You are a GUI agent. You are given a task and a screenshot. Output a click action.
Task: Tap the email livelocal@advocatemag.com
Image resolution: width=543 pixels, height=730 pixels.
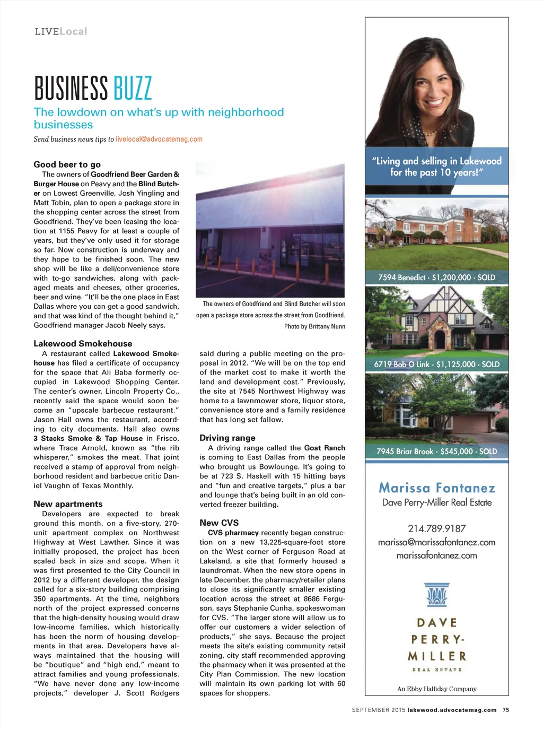(x=159, y=139)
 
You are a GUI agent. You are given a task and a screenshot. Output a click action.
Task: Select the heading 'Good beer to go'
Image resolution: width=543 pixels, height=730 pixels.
(x=67, y=164)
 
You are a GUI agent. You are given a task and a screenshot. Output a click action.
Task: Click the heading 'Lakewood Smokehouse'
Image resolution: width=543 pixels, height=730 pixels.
(x=83, y=344)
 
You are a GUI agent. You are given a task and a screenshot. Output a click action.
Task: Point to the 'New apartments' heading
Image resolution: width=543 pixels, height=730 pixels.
(x=68, y=504)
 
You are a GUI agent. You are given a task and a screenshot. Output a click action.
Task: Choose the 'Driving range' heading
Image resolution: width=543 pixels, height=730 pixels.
(x=227, y=438)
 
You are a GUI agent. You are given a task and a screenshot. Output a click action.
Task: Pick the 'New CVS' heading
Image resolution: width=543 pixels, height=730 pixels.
(x=219, y=523)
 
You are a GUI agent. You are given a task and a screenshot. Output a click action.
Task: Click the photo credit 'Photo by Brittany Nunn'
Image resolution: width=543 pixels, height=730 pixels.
(x=314, y=326)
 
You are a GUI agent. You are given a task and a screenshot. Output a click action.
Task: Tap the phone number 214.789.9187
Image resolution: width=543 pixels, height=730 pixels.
(x=436, y=528)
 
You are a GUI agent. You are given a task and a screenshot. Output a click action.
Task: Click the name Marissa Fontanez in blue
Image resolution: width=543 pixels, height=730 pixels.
(x=436, y=488)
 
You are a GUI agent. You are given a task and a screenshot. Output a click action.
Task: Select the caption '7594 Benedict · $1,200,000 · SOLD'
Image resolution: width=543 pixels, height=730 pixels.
(x=436, y=277)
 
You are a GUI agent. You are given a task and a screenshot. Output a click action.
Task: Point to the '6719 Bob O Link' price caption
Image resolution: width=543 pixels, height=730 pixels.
(x=436, y=364)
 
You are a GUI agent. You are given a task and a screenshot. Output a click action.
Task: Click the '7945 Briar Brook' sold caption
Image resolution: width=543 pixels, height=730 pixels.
(x=436, y=451)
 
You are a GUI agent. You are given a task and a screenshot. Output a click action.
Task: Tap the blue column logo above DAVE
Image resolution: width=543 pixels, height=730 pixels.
(x=436, y=595)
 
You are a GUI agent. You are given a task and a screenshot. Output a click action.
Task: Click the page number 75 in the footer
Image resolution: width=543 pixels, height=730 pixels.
(x=505, y=710)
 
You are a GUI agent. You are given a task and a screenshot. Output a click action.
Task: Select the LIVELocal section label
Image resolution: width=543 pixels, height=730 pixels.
(x=61, y=32)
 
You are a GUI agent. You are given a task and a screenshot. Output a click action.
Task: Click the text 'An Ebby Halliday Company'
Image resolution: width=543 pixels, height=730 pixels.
(x=436, y=689)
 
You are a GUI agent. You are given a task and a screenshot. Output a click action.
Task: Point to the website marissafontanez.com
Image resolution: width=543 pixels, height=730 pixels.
(x=436, y=555)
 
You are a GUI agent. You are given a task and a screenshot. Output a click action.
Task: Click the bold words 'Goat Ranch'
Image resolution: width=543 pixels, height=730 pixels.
(x=325, y=448)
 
